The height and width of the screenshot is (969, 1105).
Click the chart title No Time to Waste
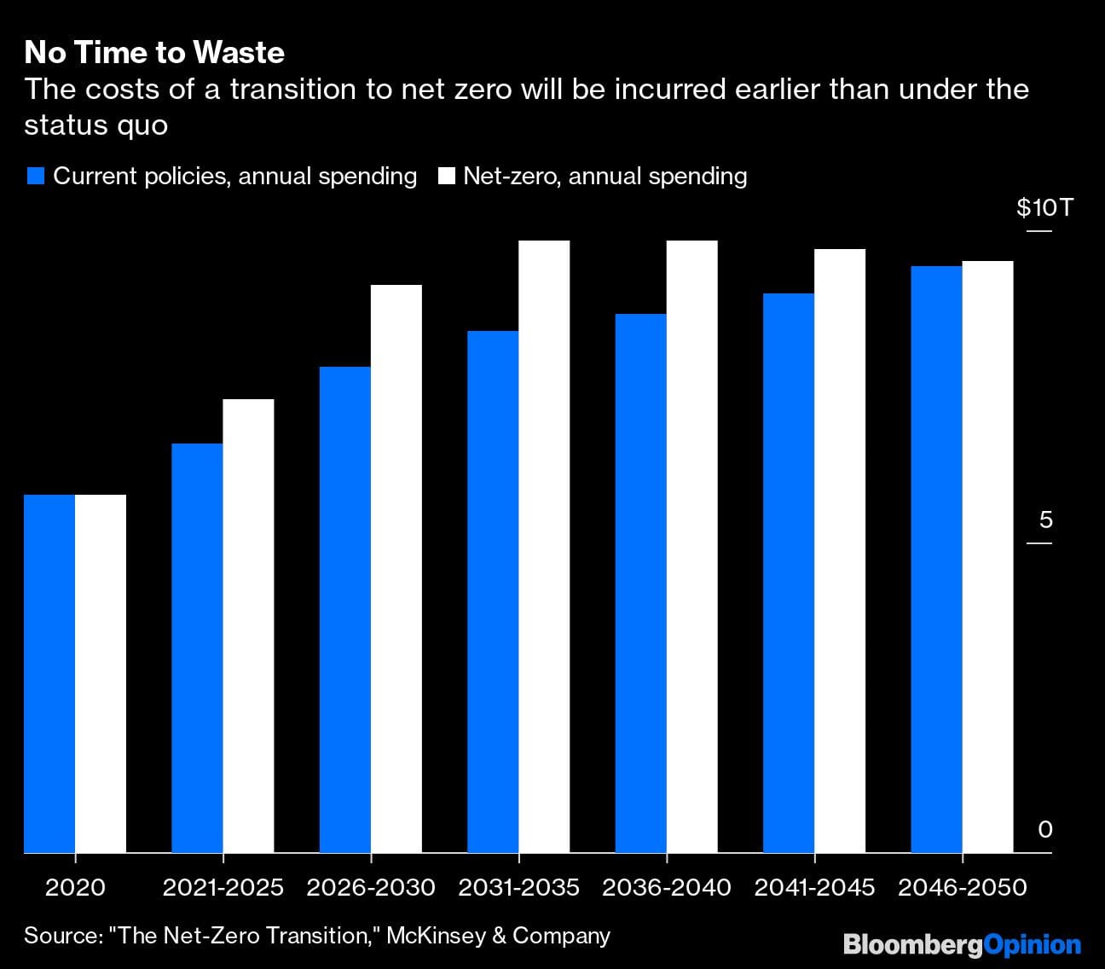pyautogui.click(x=154, y=53)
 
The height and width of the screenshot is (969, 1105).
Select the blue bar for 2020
pyautogui.click(x=49, y=673)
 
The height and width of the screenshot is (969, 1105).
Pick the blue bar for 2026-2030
pyautogui.click(x=345, y=609)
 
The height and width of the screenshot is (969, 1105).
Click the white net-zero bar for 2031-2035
pyautogui.click(x=544, y=546)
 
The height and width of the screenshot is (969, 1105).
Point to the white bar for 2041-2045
pyautogui.click(x=840, y=550)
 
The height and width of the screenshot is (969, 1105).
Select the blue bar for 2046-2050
pyautogui.click(x=936, y=559)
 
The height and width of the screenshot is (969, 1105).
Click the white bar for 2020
pyautogui.click(x=101, y=673)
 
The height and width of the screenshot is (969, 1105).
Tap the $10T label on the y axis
pyautogui.click(x=1044, y=207)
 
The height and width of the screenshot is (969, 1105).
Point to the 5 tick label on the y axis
pyautogui.click(x=1045, y=519)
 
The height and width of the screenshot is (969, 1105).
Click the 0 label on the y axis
pyautogui.click(x=1045, y=829)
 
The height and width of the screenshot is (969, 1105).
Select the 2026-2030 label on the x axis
pyautogui.click(x=371, y=888)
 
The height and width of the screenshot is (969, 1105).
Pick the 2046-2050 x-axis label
pyautogui.click(x=962, y=888)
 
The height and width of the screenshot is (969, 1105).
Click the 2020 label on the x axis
pyautogui.click(x=75, y=888)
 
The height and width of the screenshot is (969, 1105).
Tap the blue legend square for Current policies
pyautogui.click(x=35, y=177)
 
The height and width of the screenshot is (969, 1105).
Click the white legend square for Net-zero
pyautogui.click(x=446, y=177)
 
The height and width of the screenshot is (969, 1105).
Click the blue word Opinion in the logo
pyautogui.click(x=1033, y=944)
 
